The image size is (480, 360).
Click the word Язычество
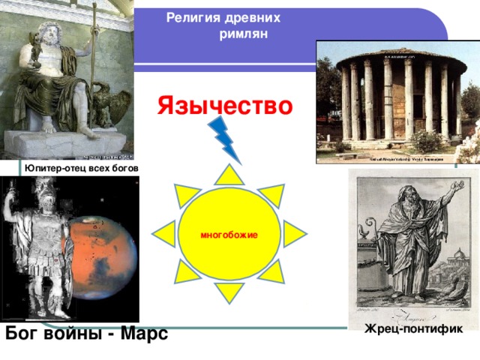[224, 106]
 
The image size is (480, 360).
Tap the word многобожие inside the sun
[229, 235]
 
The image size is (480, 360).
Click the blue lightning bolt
[226, 142]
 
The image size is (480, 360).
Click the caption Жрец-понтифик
[413, 328]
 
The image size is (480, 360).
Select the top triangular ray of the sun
[229, 175]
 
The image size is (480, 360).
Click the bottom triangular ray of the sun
[229, 294]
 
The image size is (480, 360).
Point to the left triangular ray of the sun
[165, 234]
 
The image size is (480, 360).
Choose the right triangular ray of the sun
[293, 234]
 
